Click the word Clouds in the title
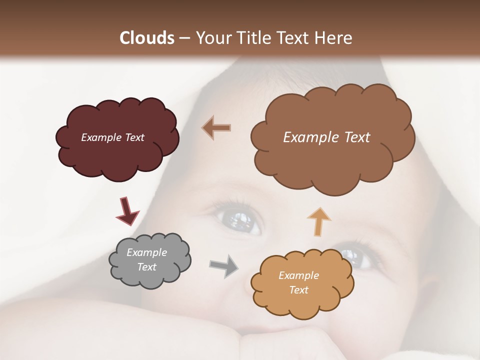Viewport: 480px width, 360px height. pos(147,38)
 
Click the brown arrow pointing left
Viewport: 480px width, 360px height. pos(216,127)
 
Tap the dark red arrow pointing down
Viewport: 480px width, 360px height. pos(127,211)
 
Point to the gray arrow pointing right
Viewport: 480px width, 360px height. pos(223,265)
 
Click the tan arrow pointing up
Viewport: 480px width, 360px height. pos(319,221)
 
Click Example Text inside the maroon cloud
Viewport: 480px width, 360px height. pos(112,137)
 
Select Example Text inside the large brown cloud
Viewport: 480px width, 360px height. pos(326,137)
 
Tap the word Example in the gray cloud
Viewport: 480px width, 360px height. pos(146,252)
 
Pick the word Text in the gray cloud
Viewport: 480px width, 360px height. pos(146,267)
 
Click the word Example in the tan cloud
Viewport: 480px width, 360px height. pos(298,275)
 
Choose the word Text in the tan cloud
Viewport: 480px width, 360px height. pos(298,290)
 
